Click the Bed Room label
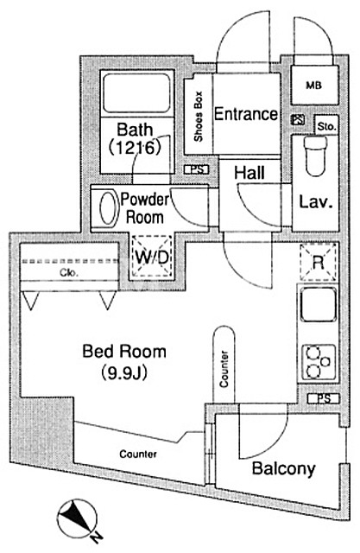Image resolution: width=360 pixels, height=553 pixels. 124,352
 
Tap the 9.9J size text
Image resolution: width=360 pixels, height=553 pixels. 124,373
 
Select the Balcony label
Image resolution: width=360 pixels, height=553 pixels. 283,469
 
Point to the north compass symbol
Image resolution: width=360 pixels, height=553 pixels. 79,518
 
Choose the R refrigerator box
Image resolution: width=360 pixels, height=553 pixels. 318,263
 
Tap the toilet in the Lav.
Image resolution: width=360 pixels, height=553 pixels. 315,156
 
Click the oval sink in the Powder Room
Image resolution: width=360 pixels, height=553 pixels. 109,208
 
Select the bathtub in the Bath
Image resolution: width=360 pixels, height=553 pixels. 137,92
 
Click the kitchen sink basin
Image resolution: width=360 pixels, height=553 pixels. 318,304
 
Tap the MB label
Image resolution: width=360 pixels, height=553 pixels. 313,86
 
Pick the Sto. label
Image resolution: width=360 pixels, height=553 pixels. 326,126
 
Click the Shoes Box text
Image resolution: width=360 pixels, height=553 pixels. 199,117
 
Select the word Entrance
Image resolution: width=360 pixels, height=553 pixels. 245,114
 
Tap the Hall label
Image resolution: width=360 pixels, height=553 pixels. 249,173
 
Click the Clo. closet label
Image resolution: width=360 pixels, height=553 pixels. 69,272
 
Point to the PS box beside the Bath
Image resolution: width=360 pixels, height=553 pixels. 197,169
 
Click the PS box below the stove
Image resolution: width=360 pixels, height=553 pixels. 324,399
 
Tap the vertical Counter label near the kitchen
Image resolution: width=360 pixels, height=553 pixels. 224,369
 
